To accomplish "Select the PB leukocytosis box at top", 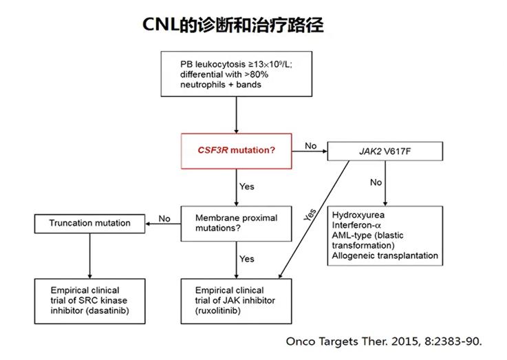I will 236,73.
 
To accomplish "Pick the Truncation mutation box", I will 89,223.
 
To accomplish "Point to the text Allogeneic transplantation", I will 385,255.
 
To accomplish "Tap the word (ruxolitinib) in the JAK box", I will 216,309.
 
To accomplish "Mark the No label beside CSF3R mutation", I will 310,146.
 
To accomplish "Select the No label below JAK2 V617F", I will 376,182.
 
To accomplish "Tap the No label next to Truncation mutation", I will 164,219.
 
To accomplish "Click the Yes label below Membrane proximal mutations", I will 246,259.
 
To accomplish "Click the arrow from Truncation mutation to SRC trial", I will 89,254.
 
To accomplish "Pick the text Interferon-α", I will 357,225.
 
